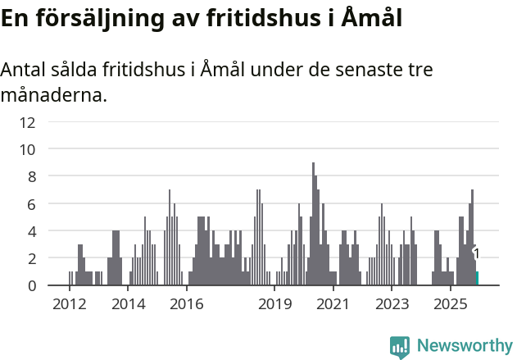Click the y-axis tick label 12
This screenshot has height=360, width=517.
point(28,122)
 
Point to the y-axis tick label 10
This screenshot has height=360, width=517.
point(28,149)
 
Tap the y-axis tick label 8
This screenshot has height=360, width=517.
point(31,176)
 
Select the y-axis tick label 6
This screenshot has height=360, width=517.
point(31,203)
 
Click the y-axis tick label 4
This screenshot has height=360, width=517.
point(31,231)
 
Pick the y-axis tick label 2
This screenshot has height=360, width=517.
point(31,258)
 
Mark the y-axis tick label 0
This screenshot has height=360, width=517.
point(31,285)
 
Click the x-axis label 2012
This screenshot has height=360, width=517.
point(70,304)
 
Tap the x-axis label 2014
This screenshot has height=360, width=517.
point(129,304)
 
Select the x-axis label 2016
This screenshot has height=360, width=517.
point(187,304)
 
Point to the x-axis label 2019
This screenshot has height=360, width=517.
point(275,304)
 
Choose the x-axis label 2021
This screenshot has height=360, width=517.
point(333,304)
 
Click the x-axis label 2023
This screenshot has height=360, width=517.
point(392,304)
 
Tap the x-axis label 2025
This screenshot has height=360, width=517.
point(451,304)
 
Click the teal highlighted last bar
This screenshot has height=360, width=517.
point(477,278)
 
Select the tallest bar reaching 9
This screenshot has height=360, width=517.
point(313,226)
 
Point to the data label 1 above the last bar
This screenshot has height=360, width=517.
point(476,254)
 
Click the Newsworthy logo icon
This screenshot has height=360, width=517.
point(400,346)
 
